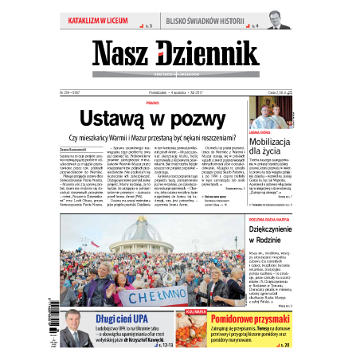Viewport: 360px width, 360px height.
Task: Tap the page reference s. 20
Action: (284, 345)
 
